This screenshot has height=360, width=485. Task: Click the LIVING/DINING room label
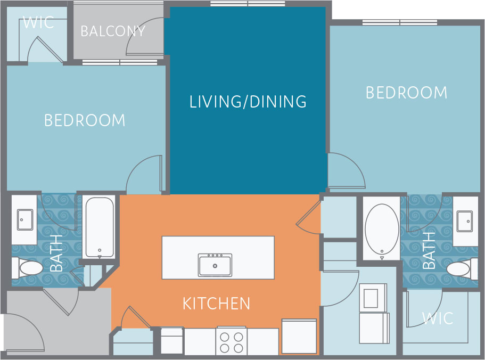[x=248, y=101]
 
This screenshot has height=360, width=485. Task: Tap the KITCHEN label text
[x=216, y=304]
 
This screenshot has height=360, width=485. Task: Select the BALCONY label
[x=113, y=31]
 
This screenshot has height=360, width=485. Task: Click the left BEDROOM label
[x=85, y=120]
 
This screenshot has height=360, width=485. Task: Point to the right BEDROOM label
[x=406, y=93]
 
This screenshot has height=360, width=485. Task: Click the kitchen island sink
[x=215, y=265]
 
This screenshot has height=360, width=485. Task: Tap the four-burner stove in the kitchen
[x=232, y=342]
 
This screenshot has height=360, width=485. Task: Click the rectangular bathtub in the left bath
[x=99, y=227]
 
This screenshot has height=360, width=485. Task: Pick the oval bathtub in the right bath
[x=381, y=229]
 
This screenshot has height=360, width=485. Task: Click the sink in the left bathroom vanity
[x=25, y=219]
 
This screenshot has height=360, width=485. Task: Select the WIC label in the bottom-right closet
[x=438, y=318]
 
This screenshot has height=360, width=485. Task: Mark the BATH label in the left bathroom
[x=56, y=257]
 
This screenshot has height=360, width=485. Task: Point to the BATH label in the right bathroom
[x=429, y=250]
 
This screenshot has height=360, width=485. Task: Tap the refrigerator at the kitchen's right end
[x=299, y=336]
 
